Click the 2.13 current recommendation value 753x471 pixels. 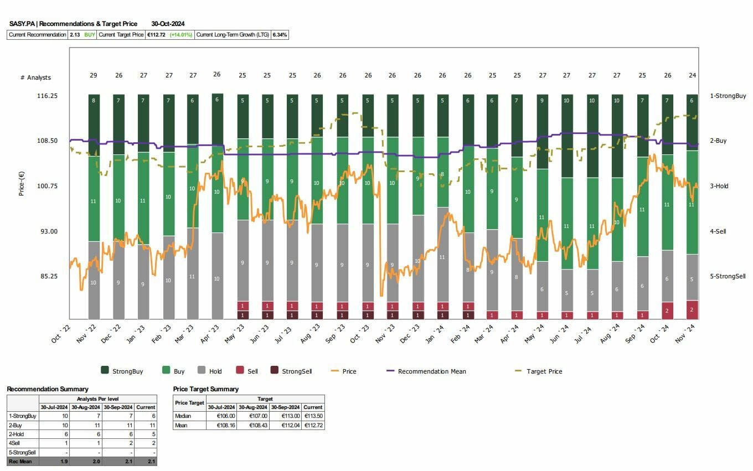(x=74, y=35)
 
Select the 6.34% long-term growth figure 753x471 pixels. (x=280, y=35)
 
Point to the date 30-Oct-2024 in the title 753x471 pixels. (x=168, y=24)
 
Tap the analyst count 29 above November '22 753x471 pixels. (x=94, y=75)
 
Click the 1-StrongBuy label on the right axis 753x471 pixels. (x=728, y=96)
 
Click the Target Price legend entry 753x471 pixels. (x=544, y=371)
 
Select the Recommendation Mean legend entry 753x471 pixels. (x=431, y=371)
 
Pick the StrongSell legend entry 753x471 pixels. (x=297, y=371)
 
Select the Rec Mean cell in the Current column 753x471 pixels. (x=146, y=461)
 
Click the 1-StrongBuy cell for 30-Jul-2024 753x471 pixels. (x=54, y=416)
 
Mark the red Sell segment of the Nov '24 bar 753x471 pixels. (x=692, y=310)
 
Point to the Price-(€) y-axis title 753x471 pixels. (x=22, y=182)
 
